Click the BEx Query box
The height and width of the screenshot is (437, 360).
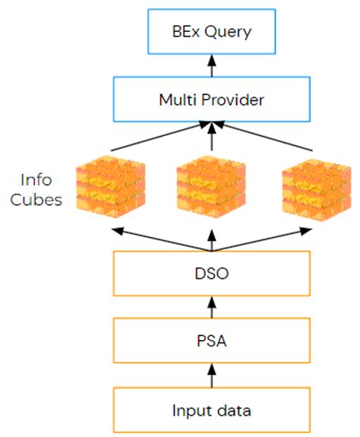212,33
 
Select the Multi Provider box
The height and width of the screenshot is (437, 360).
212,99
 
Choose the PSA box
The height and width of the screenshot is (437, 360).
212,340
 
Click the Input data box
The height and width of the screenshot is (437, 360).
212,410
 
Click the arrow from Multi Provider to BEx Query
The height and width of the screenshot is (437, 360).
212,66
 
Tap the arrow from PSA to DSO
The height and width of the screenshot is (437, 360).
212,308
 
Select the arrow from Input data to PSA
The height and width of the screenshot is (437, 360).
212,375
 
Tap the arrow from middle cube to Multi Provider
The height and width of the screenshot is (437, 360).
212,137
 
